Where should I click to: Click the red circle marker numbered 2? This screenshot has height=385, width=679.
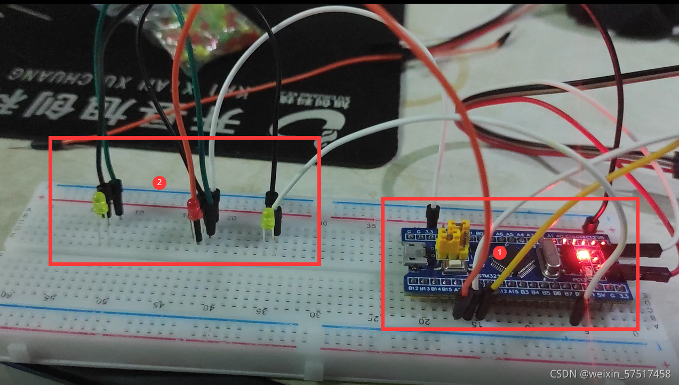point(158,182)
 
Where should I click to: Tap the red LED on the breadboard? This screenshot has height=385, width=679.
point(194,209)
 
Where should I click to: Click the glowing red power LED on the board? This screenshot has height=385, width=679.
point(582,256)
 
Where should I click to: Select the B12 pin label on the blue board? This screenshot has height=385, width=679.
point(412,288)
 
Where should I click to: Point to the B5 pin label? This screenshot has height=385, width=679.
point(545,293)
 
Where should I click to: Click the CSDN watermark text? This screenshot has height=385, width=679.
point(610,374)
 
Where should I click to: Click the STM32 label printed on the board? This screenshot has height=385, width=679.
point(489,276)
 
